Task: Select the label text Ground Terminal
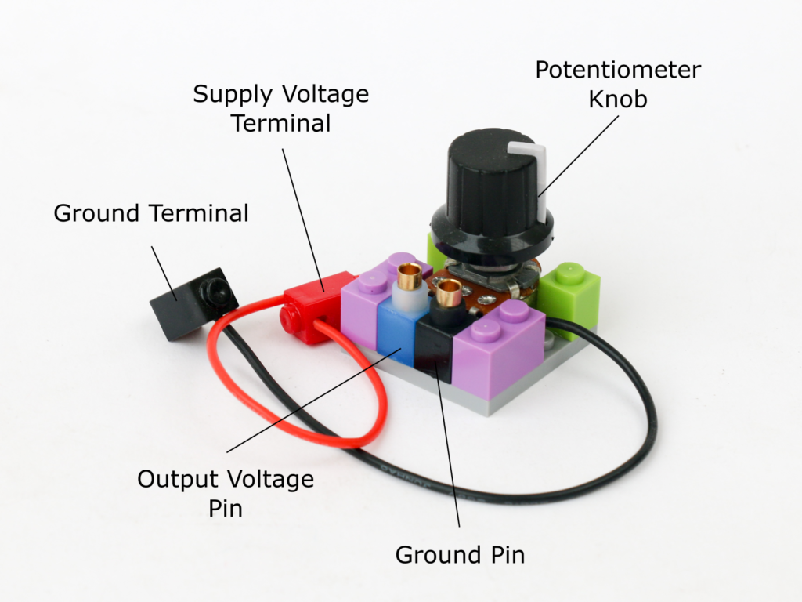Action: click(151, 212)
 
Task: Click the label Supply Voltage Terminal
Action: click(280, 109)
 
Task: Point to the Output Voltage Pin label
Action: click(226, 493)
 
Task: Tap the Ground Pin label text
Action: click(460, 555)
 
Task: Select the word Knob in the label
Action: click(618, 100)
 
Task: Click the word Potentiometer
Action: click(618, 70)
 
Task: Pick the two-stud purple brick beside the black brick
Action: click(501, 345)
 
